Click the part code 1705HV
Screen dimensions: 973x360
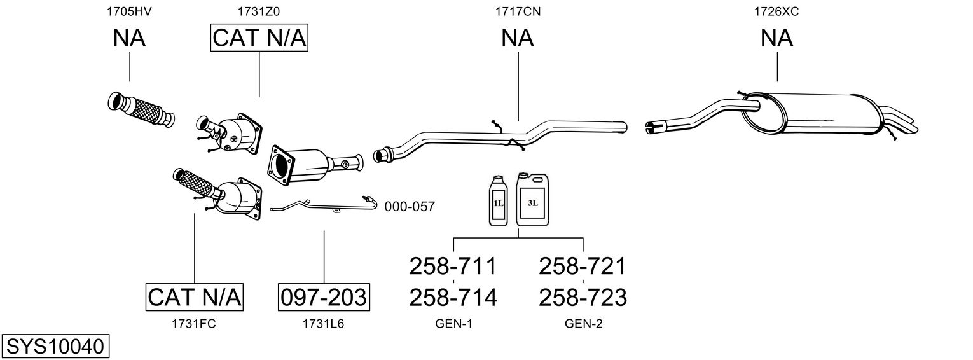click(129, 11)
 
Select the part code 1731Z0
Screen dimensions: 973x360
click(258, 11)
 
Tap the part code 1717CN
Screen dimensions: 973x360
click(518, 11)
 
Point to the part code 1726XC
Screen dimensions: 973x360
click(776, 11)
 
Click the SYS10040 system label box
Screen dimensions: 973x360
click(55, 346)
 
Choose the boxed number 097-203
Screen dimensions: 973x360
click(324, 298)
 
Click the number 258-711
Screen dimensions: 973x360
click(453, 266)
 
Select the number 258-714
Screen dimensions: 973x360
click(453, 298)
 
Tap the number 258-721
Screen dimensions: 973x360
click(582, 266)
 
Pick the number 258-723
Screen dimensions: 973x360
click(583, 298)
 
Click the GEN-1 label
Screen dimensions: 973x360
click(453, 324)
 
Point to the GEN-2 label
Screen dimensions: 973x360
click(583, 324)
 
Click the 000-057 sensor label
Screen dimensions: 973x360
click(409, 207)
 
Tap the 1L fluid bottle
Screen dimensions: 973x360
click(498, 200)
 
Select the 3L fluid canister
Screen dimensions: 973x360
click(532, 199)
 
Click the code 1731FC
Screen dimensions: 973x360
click(194, 324)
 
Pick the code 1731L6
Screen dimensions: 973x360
click(323, 324)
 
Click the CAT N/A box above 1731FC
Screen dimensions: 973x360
click(194, 297)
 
